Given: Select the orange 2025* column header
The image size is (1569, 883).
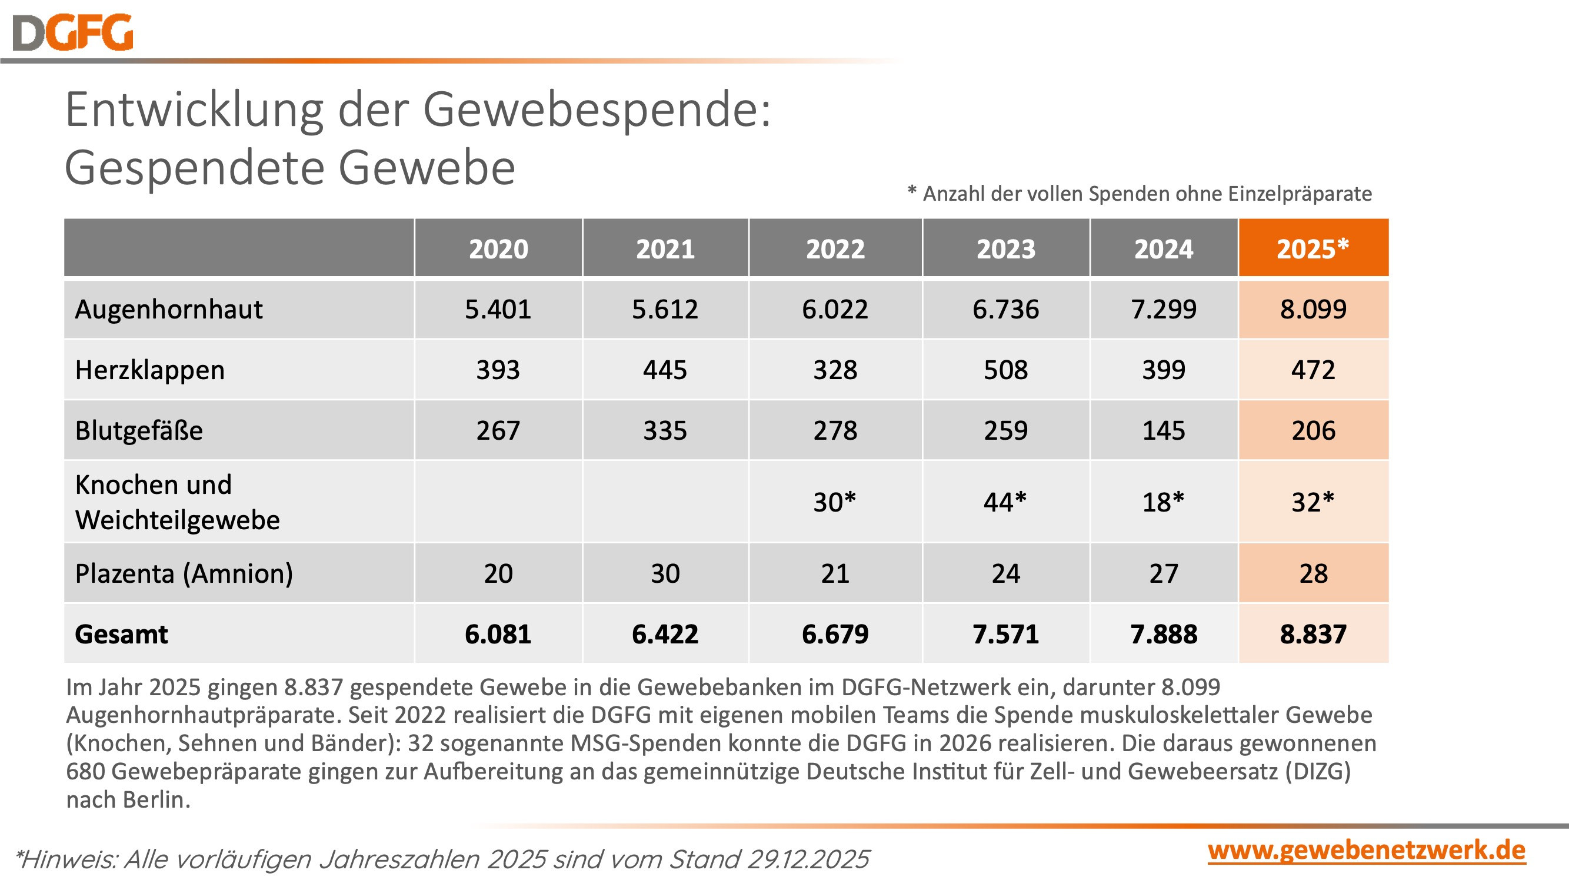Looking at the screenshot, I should coord(1313,248).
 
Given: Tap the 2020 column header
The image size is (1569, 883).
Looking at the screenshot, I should coord(498,248).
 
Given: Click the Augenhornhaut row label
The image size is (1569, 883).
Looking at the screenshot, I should coord(169,309).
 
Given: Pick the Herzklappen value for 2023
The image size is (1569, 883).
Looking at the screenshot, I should coord(1005,370).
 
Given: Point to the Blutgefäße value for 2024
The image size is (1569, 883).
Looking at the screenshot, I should coord(1163,430).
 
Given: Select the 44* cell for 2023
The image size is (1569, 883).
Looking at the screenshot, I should coord(1005,502).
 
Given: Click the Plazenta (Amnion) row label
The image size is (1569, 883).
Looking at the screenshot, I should coord(184,573).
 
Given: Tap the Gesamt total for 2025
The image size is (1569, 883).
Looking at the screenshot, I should coord(1313,634).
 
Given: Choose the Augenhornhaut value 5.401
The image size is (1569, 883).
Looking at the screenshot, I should coord(498,309).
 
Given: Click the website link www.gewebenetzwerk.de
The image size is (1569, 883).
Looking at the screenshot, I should coord(1366,851).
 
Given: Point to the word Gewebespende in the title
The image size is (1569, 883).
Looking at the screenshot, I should coord(597,110).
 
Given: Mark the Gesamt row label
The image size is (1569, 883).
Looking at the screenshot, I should coord(121,635).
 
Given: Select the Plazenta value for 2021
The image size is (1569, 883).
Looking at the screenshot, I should coord(665,573).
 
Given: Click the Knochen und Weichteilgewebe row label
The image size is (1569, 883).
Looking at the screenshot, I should coord(176,502).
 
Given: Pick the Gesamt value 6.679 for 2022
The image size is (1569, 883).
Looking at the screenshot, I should coord(835,634).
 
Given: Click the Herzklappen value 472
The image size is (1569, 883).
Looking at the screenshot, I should coord(1313,370).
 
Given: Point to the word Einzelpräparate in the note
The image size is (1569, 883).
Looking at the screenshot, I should coord(1300,194).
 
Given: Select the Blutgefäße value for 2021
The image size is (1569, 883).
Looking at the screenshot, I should coord(665,430).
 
